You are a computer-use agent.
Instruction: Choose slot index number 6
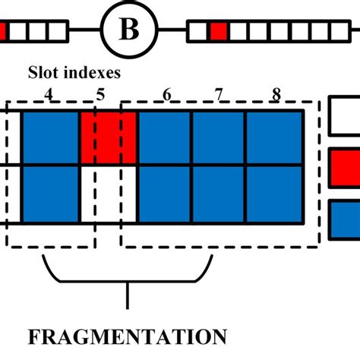tap(166, 95)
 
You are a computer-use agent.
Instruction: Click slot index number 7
tap(219, 95)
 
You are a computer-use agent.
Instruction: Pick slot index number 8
tap(274, 95)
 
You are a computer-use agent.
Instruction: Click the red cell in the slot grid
tap(108, 137)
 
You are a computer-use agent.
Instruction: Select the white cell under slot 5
tap(108, 194)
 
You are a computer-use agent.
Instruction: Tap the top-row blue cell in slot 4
tap(50, 137)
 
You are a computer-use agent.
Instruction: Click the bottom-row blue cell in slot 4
tap(50, 194)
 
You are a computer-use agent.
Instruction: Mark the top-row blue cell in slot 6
tap(164, 137)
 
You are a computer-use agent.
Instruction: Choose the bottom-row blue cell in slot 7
tap(219, 194)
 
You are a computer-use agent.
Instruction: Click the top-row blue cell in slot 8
tap(274, 137)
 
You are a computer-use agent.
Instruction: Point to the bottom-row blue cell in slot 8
tap(274, 194)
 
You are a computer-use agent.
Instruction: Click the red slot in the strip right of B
tap(219, 31)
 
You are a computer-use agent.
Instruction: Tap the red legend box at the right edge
tap(346, 168)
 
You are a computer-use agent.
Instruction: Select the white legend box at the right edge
tap(346, 118)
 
